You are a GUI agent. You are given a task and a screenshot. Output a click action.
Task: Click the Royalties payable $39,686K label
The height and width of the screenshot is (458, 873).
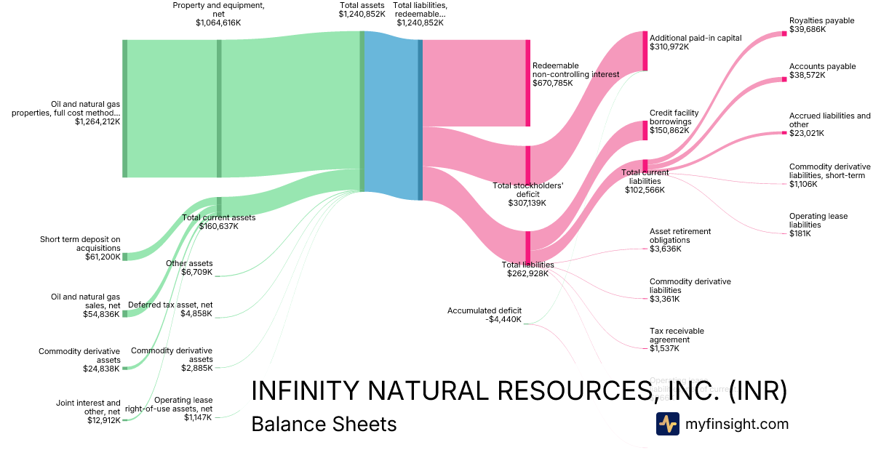click(821, 25)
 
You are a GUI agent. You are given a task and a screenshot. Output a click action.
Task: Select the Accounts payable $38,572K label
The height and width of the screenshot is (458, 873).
click(822, 71)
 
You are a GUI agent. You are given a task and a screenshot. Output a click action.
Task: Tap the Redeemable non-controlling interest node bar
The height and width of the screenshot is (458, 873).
click(528, 83)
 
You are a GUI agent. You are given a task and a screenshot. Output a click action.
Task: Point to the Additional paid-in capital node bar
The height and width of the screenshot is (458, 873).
click(645, 51)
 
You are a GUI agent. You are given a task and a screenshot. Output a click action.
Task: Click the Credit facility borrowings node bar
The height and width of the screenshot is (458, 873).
click(645, 131)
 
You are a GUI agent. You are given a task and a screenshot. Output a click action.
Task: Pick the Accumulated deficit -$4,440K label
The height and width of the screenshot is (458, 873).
click(485, 316)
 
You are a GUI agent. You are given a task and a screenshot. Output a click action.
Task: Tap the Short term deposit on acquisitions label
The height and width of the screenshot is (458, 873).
click(80, 247)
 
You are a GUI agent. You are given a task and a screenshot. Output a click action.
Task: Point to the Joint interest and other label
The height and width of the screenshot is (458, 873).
click(88, 411)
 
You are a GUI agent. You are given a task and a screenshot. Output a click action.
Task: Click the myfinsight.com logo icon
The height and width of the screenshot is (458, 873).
click(667, 424)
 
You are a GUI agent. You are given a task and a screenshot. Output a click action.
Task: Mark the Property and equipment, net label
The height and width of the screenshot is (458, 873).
click(218, 14)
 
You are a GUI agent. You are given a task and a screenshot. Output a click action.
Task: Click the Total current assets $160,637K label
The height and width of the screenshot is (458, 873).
click(218, 222)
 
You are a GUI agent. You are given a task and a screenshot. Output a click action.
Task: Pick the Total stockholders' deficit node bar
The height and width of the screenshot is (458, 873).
click(528, 166)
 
